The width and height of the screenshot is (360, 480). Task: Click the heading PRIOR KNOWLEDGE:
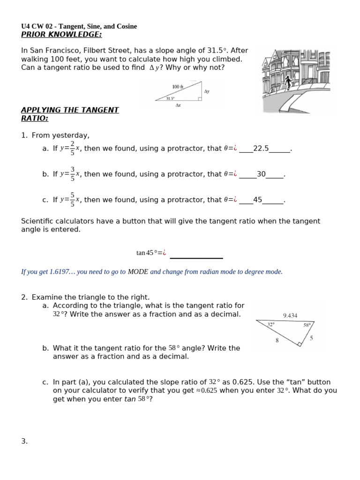coord(61,35)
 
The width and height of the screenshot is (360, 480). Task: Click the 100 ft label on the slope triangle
coord(178,87)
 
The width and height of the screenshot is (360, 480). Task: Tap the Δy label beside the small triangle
coord(207,91)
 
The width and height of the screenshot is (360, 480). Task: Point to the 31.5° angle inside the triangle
coord(170,98)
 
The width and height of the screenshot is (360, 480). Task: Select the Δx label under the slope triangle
coord(178,105)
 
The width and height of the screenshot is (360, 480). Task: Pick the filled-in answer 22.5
coord(261,149)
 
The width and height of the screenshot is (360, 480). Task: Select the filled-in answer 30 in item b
coord(261,174)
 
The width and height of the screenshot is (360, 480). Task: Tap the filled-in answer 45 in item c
coord(257,200)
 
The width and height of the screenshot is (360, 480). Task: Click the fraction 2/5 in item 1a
coord(72,148)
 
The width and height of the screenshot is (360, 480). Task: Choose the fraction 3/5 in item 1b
coord(72,173)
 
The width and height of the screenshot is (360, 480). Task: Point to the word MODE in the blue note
coord(138,272)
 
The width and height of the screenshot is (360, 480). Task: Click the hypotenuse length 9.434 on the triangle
coord(290,315)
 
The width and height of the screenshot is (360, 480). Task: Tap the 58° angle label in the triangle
coord(307,325)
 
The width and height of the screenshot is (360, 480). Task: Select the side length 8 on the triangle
coord(277,341)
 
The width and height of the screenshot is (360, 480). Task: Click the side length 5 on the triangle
coord(311,337)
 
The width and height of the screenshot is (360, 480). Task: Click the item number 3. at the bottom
coord(24,441)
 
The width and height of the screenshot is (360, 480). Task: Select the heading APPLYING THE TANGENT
coord(70,110)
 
